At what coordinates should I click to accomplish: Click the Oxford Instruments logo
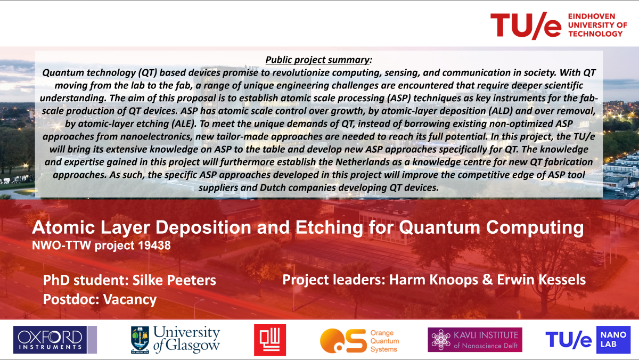[55, 340]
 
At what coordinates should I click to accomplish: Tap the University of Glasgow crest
[140, 340]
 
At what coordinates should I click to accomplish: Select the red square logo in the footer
[270, 340]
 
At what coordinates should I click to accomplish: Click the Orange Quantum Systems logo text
[384, 341]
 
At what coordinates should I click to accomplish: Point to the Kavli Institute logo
[475, 340]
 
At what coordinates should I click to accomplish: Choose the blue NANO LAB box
[613, 340]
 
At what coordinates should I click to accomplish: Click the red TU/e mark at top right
[526, 26]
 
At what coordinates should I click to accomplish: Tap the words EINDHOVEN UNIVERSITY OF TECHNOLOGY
[597, 25]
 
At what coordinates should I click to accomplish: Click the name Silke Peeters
[174, 280]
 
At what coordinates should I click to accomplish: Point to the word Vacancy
[130, 300]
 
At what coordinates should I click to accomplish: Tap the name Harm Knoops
[433, 280]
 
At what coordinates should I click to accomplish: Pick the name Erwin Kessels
[541, 280]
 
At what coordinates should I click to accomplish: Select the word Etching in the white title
[329, 227]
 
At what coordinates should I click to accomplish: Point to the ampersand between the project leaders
[488, 280]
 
